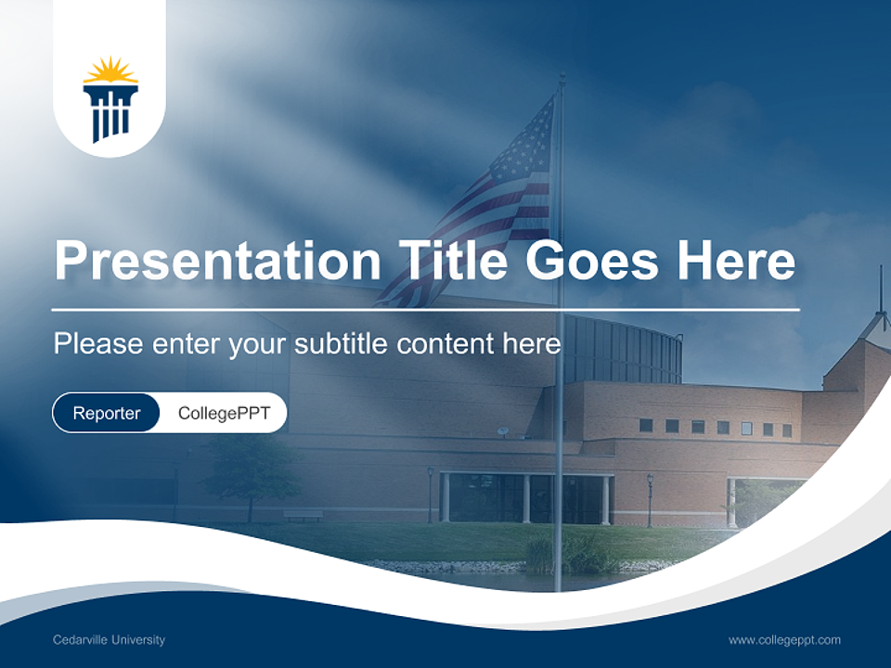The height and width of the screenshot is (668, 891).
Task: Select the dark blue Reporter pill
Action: [x=107, y=413]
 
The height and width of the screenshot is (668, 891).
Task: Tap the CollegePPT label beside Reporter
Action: [x=224, y=413]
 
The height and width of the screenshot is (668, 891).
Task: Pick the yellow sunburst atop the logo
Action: [x=110, y=71]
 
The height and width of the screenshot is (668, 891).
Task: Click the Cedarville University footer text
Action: [x=110, y=640]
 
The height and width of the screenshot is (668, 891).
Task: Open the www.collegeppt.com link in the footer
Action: [x=784, y=640]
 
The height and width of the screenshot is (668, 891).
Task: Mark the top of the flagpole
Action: [x=561, y=78]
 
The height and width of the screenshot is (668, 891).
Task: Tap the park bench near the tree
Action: [x=303, y=514]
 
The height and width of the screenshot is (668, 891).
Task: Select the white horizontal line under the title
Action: [x=425, y=309]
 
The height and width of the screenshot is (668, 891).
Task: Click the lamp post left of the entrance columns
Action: [x=431, y=492]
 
